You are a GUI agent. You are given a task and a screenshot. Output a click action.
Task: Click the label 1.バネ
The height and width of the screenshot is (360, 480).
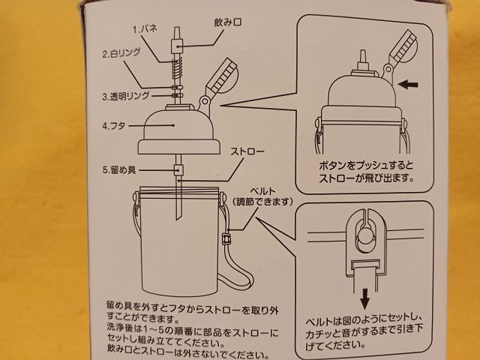tap(145, 29)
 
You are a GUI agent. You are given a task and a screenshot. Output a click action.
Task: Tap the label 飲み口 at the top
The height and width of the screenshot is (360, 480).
tap(227, 22)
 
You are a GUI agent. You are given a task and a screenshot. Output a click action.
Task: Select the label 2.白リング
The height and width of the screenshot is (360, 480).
tap(121, 53)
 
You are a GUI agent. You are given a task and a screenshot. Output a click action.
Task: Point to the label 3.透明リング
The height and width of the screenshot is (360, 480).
tap(126, 97)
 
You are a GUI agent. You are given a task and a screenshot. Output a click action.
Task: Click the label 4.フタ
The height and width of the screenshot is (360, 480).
tap(114, 126)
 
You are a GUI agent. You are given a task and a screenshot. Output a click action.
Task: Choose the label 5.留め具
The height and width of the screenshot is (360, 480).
tap(119, 170)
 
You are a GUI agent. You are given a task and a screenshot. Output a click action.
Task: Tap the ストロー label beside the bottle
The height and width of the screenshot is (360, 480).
tap(247, 151)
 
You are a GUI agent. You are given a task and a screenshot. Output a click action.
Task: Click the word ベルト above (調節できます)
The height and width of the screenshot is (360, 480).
tap(263, 192)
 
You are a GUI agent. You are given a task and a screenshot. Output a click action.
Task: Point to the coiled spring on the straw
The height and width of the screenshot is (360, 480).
tap(178, 70)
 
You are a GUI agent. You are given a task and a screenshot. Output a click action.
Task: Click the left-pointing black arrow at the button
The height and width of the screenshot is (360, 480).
tap(408, 84)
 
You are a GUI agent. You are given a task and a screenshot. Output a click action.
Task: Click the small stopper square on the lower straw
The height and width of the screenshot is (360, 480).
tap(178, 169)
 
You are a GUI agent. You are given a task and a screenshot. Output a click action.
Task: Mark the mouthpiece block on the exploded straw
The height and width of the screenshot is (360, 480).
tap(177, 46)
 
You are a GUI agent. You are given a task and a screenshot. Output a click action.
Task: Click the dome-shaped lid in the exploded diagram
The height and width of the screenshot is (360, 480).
tap(179, 132)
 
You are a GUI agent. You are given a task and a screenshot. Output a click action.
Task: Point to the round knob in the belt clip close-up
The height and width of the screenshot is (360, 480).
tap(364, 236)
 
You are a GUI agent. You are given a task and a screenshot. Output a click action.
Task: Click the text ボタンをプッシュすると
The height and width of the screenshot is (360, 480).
tap(367, 166)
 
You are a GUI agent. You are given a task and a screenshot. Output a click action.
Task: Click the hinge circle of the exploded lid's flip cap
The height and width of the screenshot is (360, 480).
tap(205, 100)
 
